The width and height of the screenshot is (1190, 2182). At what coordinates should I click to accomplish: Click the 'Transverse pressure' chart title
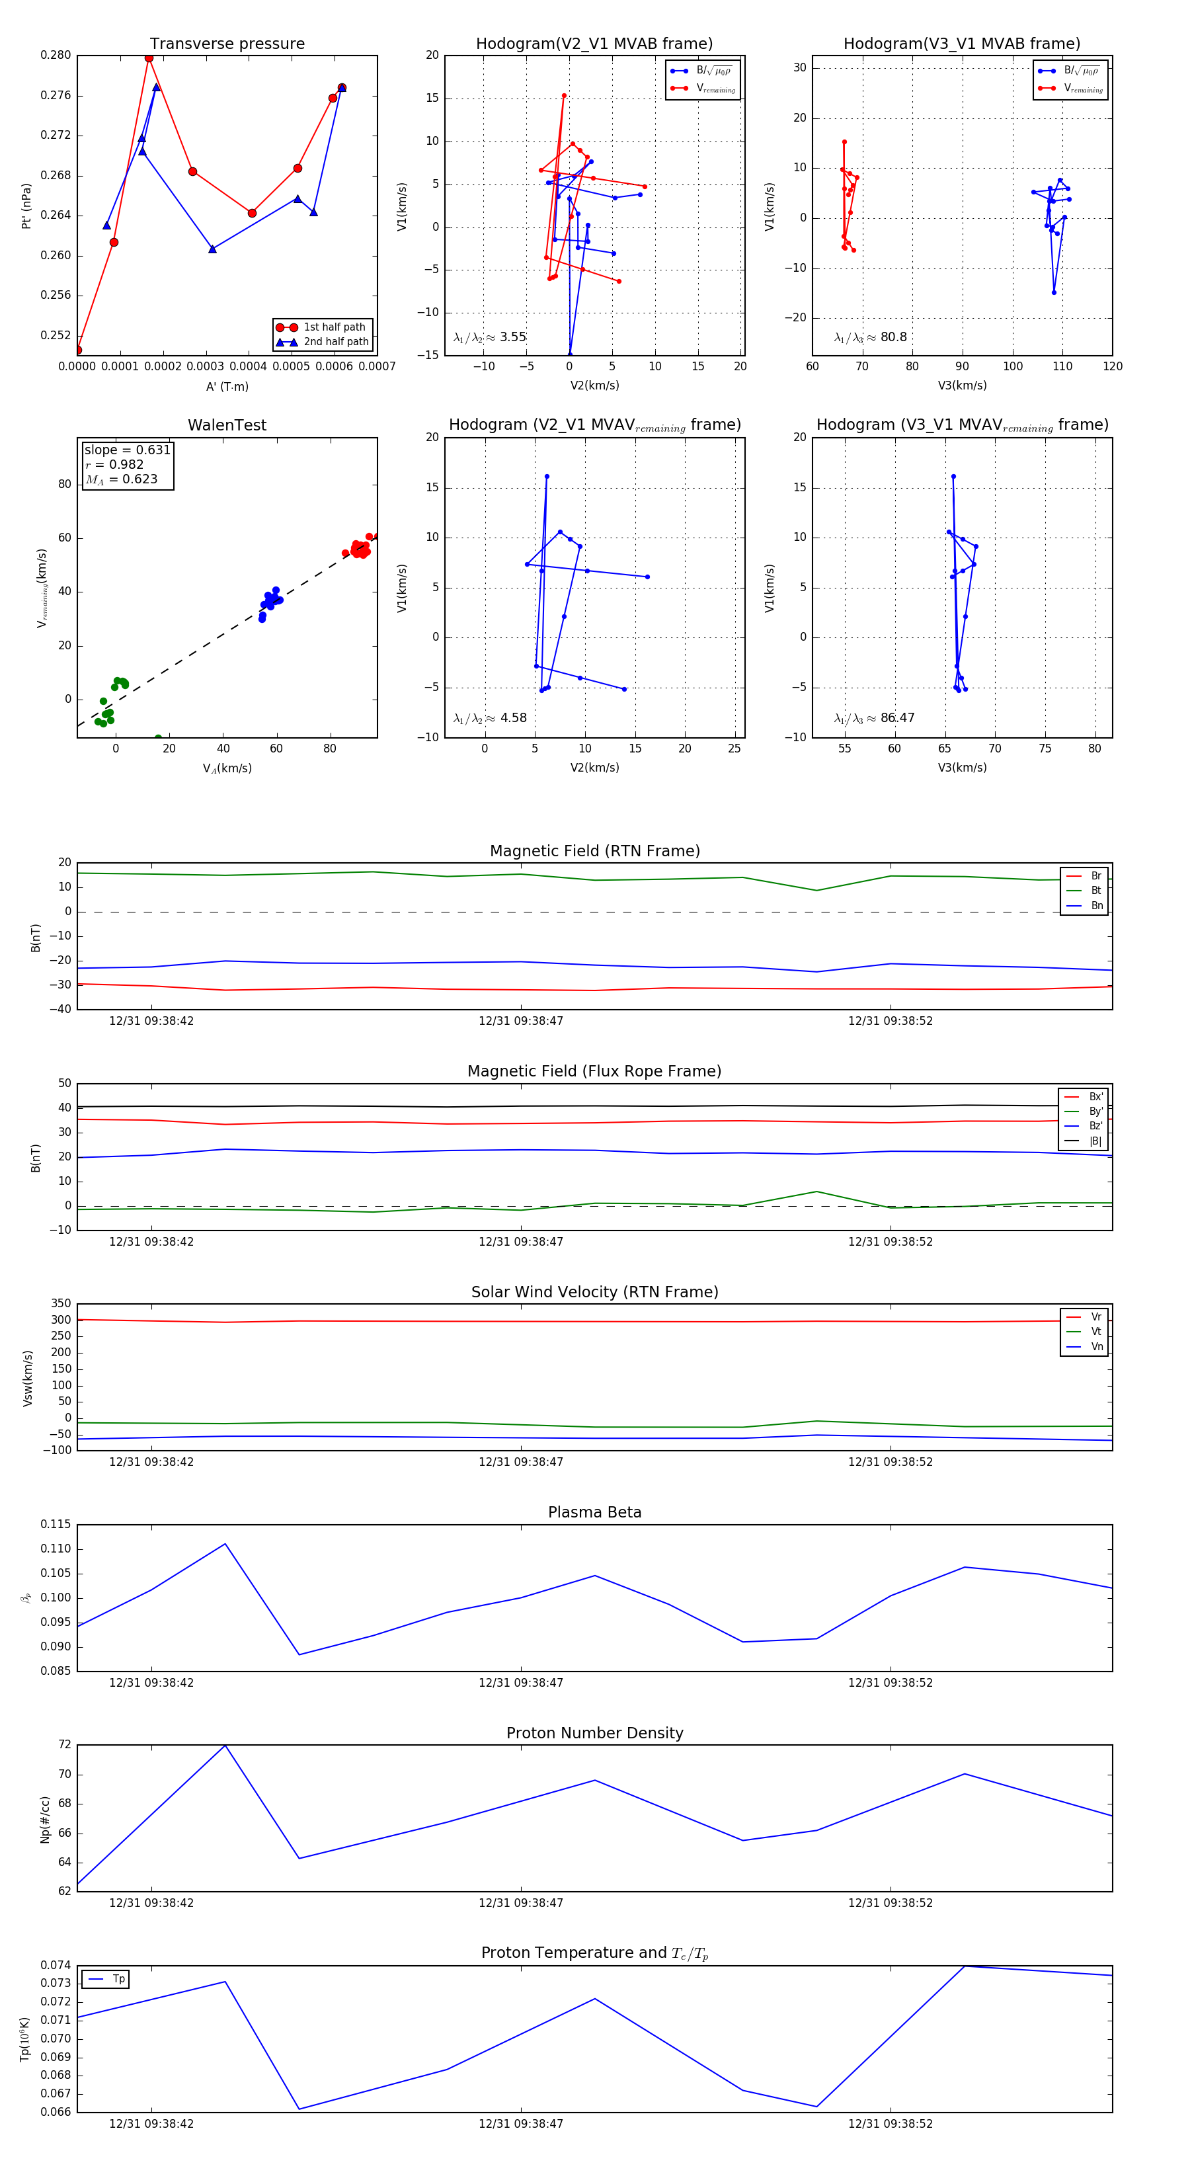coord(227,44)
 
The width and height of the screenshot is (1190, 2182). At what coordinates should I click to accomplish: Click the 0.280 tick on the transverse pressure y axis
coord(56,55)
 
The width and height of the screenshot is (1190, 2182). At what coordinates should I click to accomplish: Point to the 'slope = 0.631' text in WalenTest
coord(127,450)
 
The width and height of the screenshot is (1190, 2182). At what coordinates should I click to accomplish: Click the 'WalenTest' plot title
coord(227,425)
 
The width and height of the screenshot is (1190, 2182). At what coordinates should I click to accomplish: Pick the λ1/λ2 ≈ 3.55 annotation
coord(489,337)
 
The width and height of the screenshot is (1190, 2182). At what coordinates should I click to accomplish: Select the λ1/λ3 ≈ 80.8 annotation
coord(870,337)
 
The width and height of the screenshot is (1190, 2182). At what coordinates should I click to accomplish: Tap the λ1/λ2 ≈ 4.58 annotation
coord(489,718)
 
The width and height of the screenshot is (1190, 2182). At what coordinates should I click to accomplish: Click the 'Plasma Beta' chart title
coord(594,1512)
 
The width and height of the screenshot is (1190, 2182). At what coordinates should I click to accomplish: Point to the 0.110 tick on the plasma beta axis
coord(56,1549)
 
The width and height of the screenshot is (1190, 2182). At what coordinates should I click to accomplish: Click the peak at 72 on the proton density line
coord(225,1746)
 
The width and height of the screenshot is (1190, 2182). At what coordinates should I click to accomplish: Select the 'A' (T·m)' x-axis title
coord(227,386)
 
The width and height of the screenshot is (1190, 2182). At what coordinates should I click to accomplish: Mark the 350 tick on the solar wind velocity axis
coord(61,1304)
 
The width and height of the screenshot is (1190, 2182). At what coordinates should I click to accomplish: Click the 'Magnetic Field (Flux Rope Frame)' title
coord(594,1072)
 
